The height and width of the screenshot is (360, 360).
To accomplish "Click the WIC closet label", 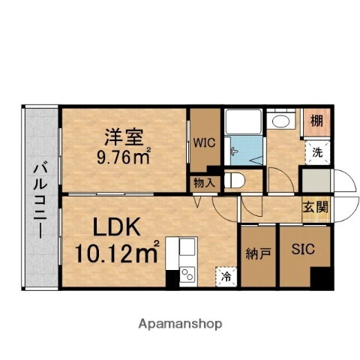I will point(204,140).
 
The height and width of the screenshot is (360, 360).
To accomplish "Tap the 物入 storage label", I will point(204,182).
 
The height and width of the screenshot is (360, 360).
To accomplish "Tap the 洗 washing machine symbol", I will point(318,151).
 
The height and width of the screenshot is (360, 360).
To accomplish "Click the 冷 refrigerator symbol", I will point(226,276).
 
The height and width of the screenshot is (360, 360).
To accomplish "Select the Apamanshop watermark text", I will point(180,324).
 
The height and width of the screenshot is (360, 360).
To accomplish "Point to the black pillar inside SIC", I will point(323,277).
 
